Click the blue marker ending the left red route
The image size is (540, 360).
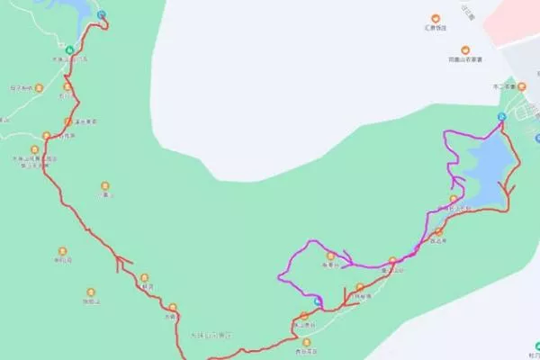pyautogui.click(x=101, y=15)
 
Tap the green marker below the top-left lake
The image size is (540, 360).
pyautogui.click(x=70, y=49)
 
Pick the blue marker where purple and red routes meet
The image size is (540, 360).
pyautogui.click(x=501, y=118)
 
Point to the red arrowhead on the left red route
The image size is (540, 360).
pyautogui.click(x=120, y=262)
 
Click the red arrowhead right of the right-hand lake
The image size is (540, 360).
pyautogui.click(x=511, y=189)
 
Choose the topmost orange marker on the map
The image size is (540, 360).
pyautogui.click(x=436, y=18)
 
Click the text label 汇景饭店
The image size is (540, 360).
pyautogui.click(x=436, y=28)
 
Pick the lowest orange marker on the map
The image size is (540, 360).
pyautogui.click(x=311, y=343)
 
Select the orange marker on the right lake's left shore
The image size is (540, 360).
pyautogui.click(x=454, y=199)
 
